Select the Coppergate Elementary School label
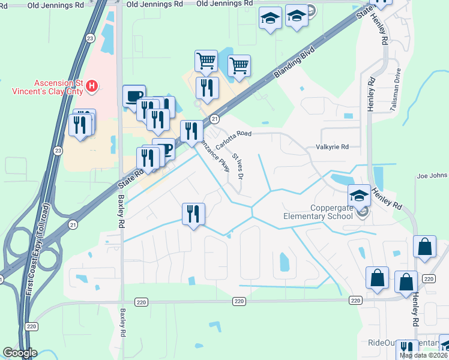tap(318, 212)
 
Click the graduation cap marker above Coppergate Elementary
tap(359, 195)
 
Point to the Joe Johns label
tap(432, 176)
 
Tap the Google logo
tap(20, 353)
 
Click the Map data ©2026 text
tap(423, 355)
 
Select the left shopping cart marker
tap(206, 61)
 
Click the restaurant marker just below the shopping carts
tap(207, 88)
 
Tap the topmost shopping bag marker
tap(424, 247)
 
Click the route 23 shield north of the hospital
tap(90, 38)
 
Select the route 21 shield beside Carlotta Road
tap(214, 118)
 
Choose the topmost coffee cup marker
tap(134, 95)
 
